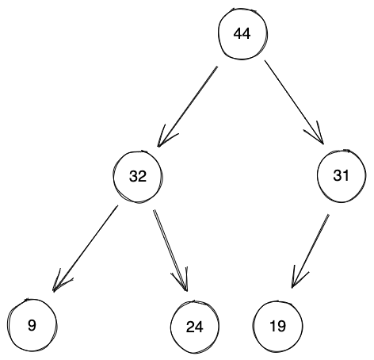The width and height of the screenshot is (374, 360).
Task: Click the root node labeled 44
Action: [242, 36]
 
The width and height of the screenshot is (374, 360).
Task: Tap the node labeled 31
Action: [341, 175]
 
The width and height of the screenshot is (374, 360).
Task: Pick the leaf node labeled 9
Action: [30, 324]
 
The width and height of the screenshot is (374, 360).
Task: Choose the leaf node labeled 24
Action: [195, 326]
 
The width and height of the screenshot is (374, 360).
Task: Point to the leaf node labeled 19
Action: [277, 326]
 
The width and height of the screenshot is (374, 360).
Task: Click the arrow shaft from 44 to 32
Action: [188, 106]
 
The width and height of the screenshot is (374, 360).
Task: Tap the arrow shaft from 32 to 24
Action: [170, 250]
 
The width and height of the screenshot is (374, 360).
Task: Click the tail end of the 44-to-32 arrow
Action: [216, 67]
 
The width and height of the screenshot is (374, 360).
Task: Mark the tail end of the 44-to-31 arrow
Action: [265, 63]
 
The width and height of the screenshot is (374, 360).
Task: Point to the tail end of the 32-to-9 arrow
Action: [117, 207]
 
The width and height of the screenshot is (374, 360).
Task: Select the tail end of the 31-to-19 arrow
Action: [328, 213]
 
